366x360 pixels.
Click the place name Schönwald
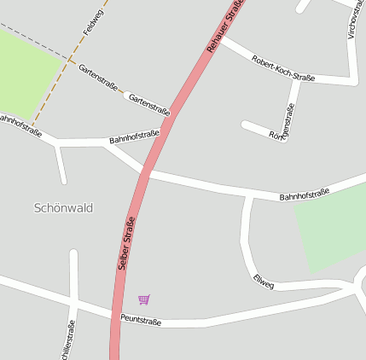coord(63,207)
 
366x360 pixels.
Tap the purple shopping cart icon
coord(143,299)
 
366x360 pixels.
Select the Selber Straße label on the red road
coord(126,245)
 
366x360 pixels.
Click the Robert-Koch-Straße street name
coord(282,70)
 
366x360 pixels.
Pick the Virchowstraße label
coord(352,19)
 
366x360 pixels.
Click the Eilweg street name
coord(264,282)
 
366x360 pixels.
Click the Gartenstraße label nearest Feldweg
coord(98,78)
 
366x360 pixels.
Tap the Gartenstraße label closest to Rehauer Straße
coord(148,105)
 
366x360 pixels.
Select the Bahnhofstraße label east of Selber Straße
coord(304,195)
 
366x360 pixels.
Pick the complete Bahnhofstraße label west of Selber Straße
coord(134,136)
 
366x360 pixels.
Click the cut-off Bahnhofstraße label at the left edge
coord(19,125)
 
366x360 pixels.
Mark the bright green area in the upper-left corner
coord(26,73)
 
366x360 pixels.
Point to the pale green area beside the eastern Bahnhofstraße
coord(328,226)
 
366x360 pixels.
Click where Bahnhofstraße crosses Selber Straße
coord(145,174)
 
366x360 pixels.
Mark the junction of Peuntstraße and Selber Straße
coord(114,317)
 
